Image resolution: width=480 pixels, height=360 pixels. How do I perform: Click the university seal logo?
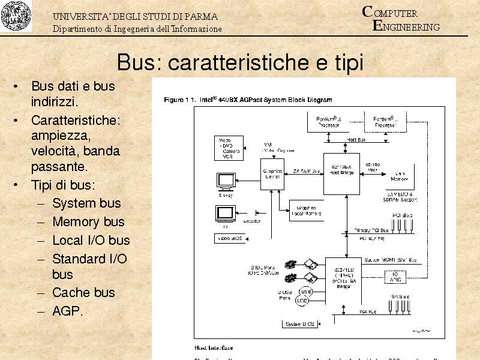pyautogui.click(x=16, y=17)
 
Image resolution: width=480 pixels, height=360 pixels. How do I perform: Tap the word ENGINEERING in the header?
pyautogui.click(x=407, y=27)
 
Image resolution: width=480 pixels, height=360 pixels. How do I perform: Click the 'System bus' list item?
pyautogui.click(x=86, y=203)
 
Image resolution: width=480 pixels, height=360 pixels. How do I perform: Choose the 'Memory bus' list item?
pyautogui.click(x=88, y=221)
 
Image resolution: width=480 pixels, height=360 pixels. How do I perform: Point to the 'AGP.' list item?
pyautogui.click(x=68, y=311)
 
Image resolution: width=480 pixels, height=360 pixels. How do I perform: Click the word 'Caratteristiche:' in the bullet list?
pyautogui.click(x=76, y=121)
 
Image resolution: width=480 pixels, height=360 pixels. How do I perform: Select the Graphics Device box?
pyautogui.click(x=272, y=174)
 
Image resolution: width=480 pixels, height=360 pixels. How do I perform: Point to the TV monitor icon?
pyautogui.click(x=226, y=213)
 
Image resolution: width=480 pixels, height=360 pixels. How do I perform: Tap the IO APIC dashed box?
pyautogui.click(x=395, y=276)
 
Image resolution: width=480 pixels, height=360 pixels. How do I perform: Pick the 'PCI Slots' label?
pyautogui.click(x=402, y=215)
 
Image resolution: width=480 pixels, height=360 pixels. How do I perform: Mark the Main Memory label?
pyautogui.click(x=400, y=175)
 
